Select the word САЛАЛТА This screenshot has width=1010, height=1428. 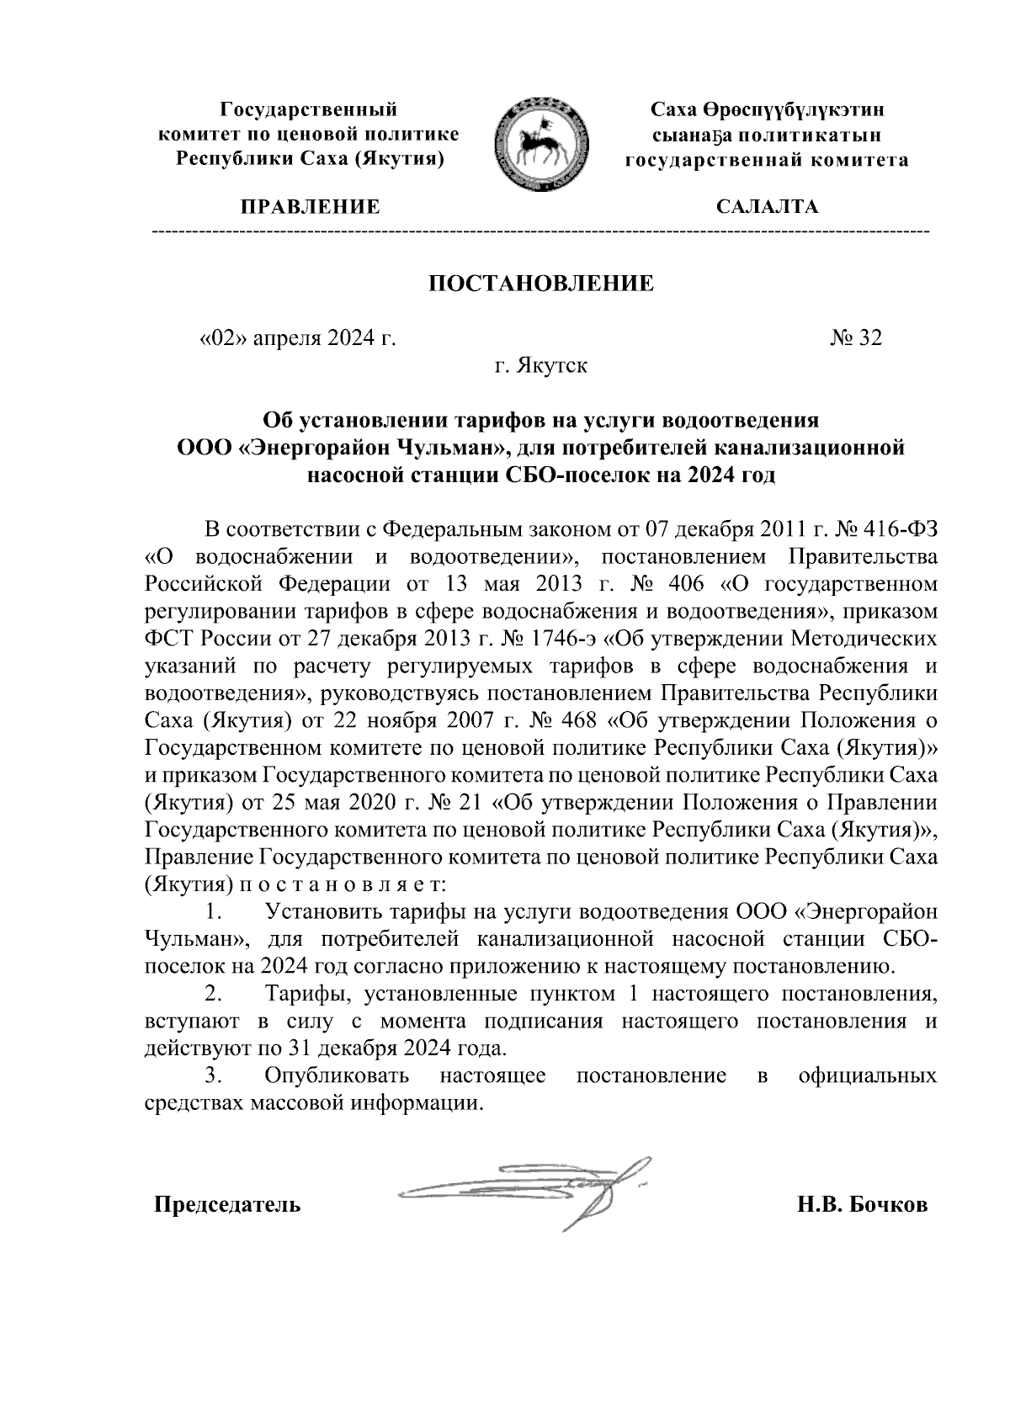coord(766,207)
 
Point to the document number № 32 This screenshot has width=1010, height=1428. coord(856,338)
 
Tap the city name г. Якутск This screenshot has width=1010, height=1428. coord(540,366)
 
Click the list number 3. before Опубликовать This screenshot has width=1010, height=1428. coord(213,1075)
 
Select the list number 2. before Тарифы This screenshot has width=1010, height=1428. coord(213,994)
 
